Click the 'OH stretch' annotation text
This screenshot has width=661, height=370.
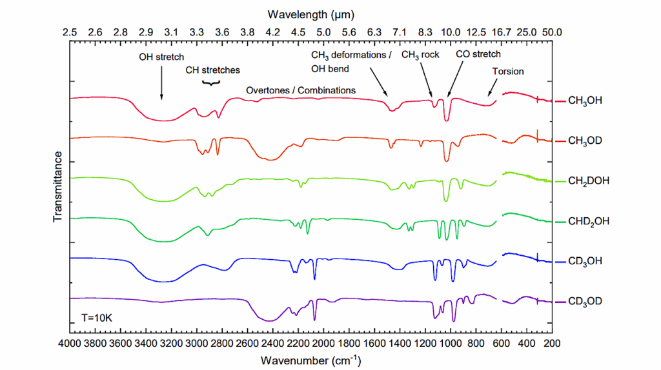[x=161, y=57]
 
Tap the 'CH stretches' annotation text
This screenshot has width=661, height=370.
[x=212, y=70]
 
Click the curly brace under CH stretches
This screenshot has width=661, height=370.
[x=212, y=83]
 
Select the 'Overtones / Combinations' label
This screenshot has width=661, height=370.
[x=301, y=90]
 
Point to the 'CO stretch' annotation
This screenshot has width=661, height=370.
[x=478, y=54]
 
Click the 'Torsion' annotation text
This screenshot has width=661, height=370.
[x=508, y=71]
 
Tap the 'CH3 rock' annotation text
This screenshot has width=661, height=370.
[x=420, y=55]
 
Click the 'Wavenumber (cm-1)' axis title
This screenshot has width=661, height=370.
[x=310, y=359]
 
